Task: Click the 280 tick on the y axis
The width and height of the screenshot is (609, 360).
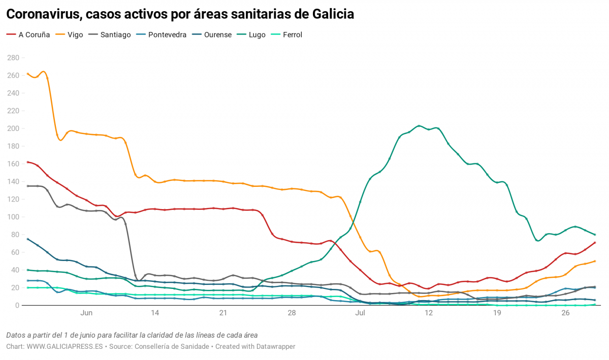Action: pos(13,58)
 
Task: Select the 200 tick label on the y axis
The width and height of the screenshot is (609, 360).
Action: pos(13,128)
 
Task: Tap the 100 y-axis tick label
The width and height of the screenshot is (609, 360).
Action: pos(13,217)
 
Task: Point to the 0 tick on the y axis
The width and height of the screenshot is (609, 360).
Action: pos(17,305)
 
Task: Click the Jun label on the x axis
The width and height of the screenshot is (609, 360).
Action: pos(86,314)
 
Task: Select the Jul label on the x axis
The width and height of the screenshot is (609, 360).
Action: pos(360,314)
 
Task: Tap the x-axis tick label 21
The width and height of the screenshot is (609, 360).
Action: pos(223,314)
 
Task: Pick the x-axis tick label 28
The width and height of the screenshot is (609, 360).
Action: pos(292,314)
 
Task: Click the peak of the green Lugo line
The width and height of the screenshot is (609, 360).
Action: pos(419,125)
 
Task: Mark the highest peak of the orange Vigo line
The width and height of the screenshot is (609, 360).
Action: pos(44,72)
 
